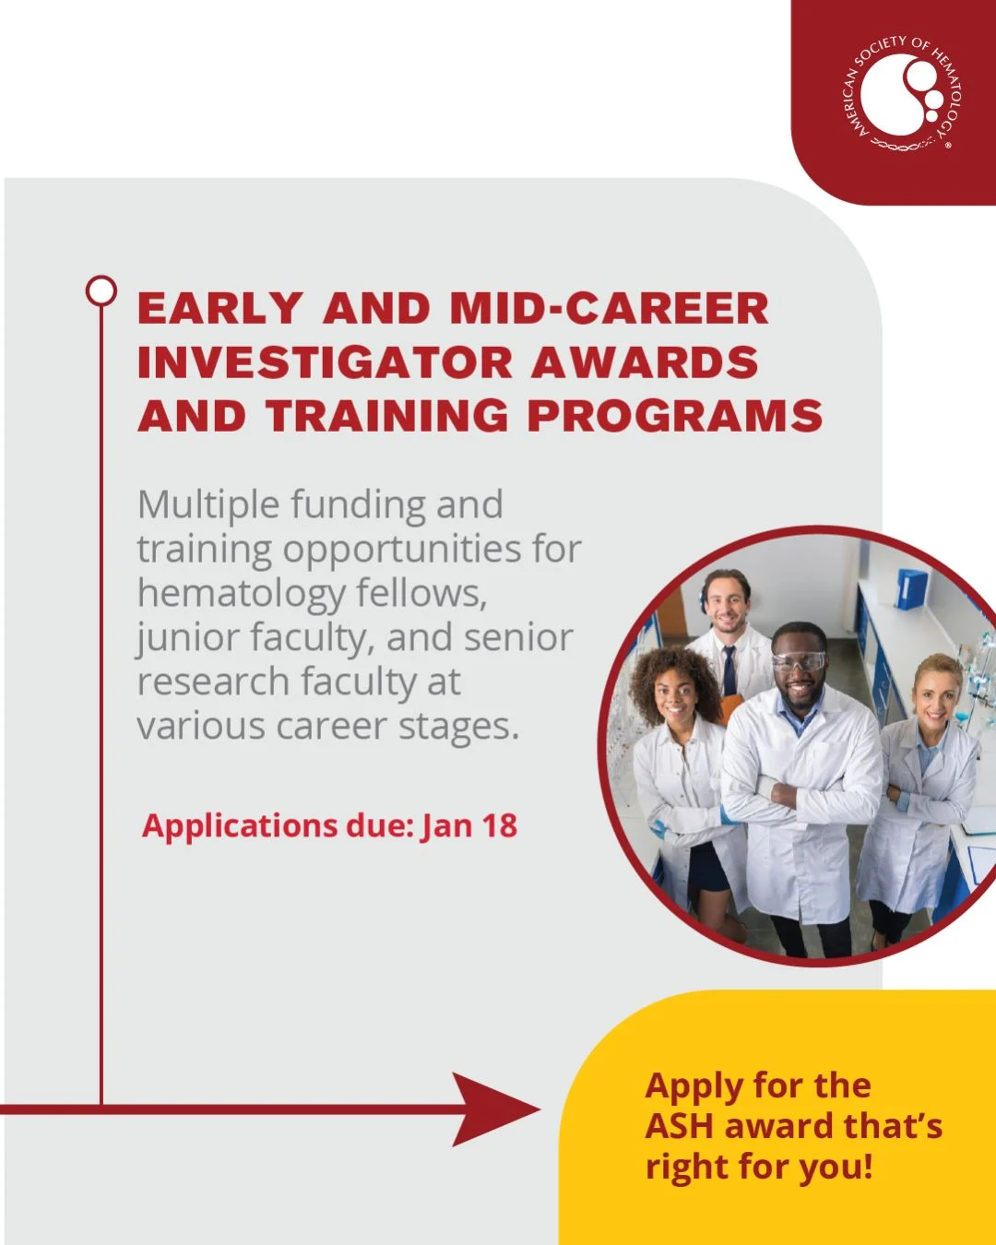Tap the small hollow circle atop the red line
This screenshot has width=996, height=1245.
[x=101, y=290]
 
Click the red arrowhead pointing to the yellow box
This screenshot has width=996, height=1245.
[x=496, y=1109]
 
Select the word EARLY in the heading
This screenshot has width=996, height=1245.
[x=219, y=308]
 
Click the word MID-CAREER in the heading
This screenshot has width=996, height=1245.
[x=610, y=308]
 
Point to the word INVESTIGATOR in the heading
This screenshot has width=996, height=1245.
[x=326, y=362]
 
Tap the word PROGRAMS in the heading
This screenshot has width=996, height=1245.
[x=675, y=416]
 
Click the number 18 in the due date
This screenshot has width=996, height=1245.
[x=500, y=825]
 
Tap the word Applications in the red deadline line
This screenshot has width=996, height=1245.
[x=239, y=826]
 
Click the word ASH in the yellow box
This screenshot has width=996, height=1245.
[x=679, y=1126]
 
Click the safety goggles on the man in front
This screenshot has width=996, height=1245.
[x=799, y=661]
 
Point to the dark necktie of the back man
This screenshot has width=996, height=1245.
[x=729, y=670]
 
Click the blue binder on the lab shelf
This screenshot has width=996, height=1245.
[x=910, y=588]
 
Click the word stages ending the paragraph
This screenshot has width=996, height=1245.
[x=458, y=728]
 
